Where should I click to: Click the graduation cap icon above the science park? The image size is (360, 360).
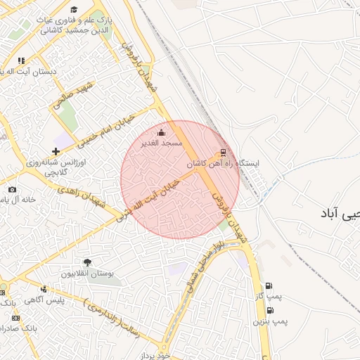[x=74, y=8]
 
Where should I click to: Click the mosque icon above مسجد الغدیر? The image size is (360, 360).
[x=162, y=132]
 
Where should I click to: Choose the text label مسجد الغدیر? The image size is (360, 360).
[x=162, y=143]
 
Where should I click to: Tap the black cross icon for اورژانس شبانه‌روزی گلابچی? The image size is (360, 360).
[x=56, y=151]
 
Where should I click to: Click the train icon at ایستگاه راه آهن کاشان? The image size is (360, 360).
[x=224, y=151]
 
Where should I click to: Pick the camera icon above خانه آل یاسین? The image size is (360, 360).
[x=12, y=189]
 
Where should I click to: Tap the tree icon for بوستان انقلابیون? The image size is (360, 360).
[x=87, y=263]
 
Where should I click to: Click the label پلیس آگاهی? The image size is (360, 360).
[x=61, y=300]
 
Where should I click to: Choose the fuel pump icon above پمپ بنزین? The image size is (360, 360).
[x=269, y=309]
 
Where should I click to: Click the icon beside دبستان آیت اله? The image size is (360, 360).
[x=22, y=61]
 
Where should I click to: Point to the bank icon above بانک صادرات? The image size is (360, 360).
[x=15, y=318]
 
